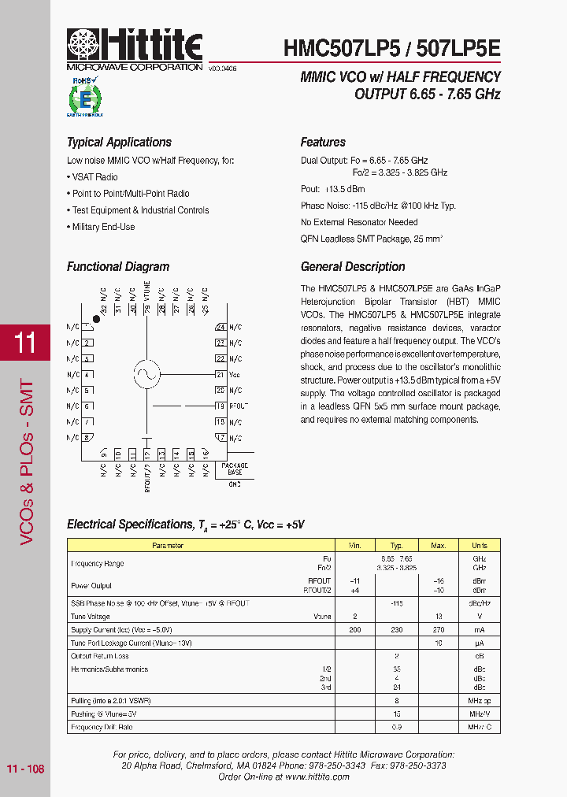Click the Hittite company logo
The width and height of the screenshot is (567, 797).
click(x=135, y=48)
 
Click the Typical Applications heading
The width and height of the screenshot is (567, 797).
click(x=119, y=143)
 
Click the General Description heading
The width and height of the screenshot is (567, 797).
click(x=353, y=267)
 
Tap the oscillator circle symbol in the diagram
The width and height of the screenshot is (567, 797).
click(x=146, y=375)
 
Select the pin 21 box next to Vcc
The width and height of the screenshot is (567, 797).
click(x=220, y=375)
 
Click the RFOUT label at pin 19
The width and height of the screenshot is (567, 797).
click(x=239, y=406)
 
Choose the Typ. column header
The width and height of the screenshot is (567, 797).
click(x=397, y=545)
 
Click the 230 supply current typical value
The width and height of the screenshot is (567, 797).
click(x=397, y=630)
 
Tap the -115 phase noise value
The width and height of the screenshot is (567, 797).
click(x=397, y=603)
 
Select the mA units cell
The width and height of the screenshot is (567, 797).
click(x=479, y=630)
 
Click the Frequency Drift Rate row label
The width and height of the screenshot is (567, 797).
click(x=102, y=728)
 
